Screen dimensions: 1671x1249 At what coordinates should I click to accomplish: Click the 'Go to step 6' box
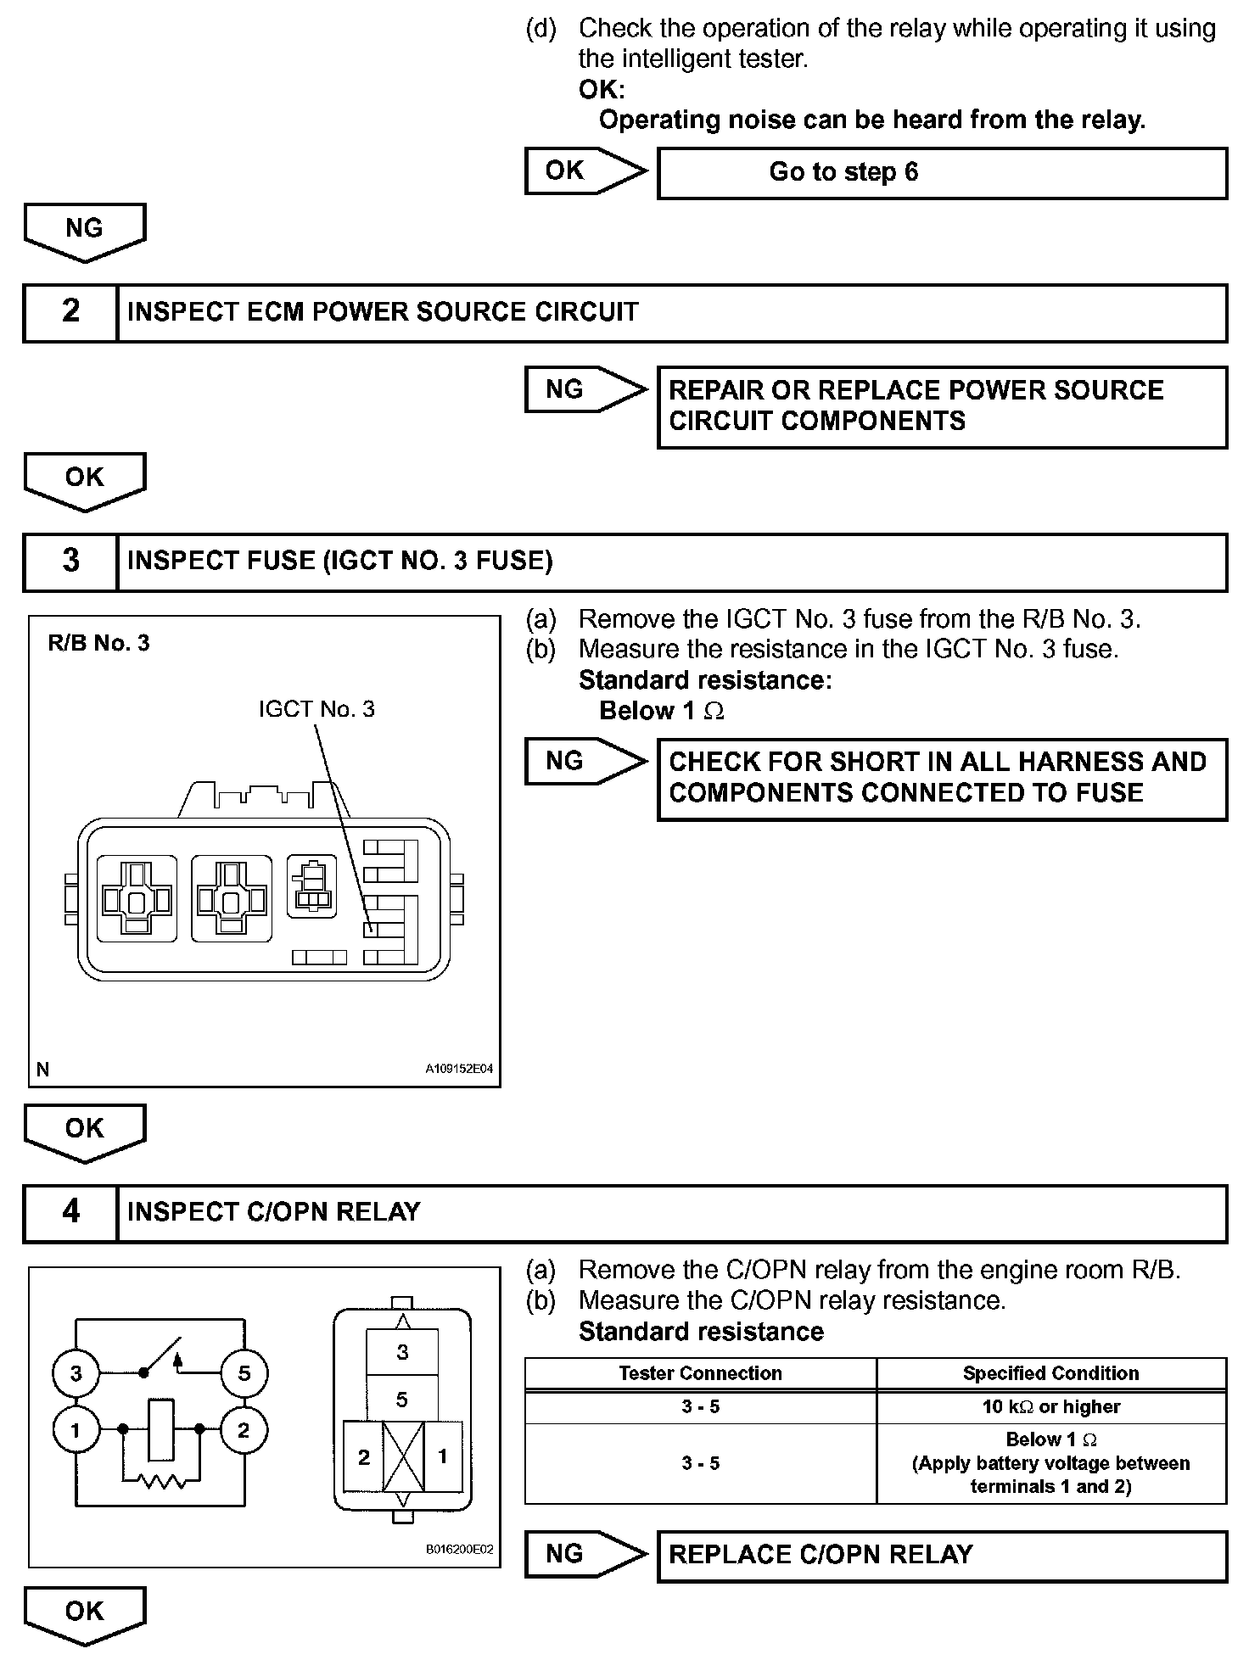pyautogui.click(x=942, y=173)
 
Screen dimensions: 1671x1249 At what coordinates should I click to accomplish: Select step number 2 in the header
pyautogui.click(x=70, y=311)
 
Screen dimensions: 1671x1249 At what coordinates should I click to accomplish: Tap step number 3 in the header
pyautogui.click(x=70, y=561)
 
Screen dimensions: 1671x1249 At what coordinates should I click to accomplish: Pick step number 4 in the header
pyautogui.click(x=70, y=1211)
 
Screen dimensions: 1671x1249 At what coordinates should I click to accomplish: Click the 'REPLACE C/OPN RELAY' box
pyautogui.click(x=942, y=1555)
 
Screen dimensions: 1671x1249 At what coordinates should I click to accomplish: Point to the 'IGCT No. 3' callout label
pyautogui.click(x=316, y=709)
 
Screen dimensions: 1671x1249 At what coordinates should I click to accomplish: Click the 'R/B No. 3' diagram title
pyautogui.click(x=98, y=643)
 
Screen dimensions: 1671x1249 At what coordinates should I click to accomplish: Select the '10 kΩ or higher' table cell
pyautogui.click(x=1050, y=1406)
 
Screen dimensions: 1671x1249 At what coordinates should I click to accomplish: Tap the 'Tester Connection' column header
pyautogui.click(x=700, y=1373)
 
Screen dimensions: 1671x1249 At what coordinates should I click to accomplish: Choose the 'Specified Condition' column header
pyautogui.click(x=1050, y=1373)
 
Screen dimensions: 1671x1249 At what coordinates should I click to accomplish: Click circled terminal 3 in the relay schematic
pyautogui.click(x=76, y=1373)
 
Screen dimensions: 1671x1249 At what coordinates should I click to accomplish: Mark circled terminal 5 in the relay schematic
pyautogui.click(x=244, y=1373)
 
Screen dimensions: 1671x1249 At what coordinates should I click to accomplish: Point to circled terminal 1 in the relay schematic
pyautogui.click(x=76, y=1431)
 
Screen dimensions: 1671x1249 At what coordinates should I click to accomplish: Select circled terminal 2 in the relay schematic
pyautogui.click(x=244, y=1431)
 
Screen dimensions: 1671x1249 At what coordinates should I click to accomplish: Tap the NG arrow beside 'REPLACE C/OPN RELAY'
pyautogui.click(x=584, y=1555)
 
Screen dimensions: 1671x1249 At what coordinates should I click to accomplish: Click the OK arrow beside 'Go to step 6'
pyautogui.click(x=584, y=171)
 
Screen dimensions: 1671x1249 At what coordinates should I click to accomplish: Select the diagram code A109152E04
pyautogui.click(x=458, y=1070)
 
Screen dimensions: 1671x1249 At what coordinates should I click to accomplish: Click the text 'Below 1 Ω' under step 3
pyautogui.click(x=662, y=711)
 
